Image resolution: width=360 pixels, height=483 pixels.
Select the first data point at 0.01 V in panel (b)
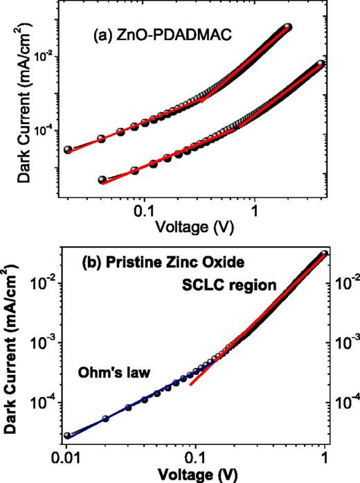(68, 436)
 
